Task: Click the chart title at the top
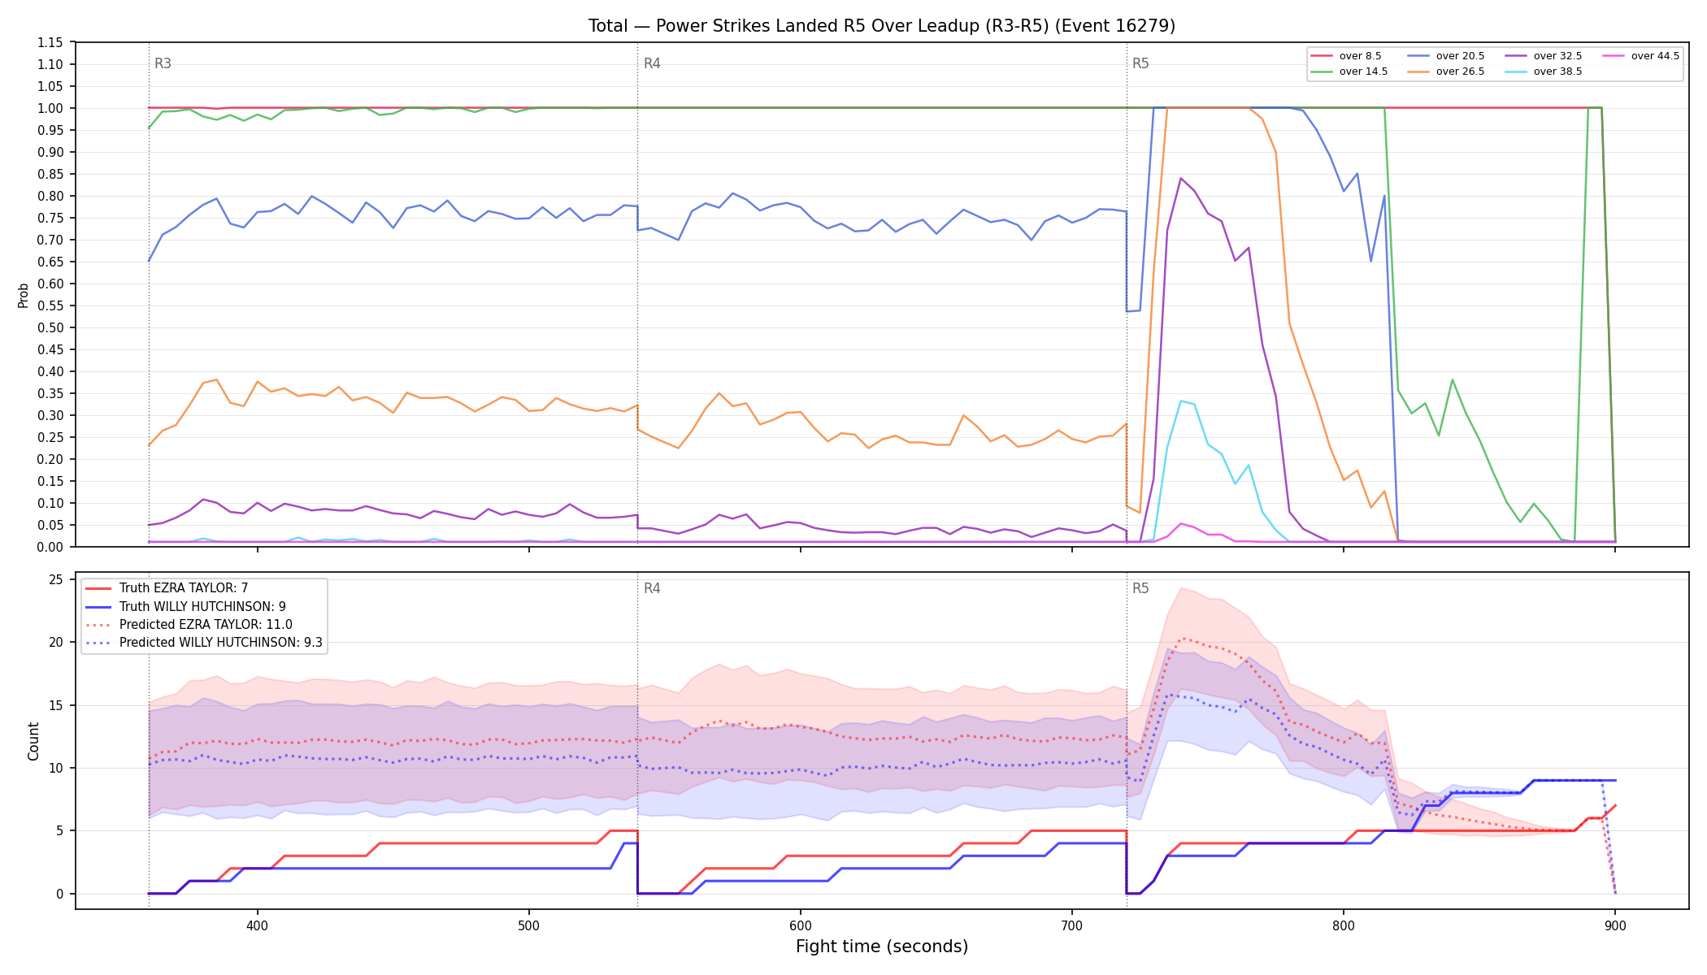click(882, 26)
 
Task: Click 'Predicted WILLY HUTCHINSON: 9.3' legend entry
click(204, 643)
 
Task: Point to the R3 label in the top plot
click(163, 63)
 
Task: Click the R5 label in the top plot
click(1140, 63)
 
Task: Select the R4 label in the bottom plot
click(652, 588)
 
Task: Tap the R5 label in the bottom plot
click(1140, 588)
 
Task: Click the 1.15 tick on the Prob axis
click(50, 43)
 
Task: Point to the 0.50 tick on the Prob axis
click(50, 328)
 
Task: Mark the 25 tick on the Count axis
click(56, 580)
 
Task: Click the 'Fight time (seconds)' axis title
click(882, 947)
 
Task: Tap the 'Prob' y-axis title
click(24, 295)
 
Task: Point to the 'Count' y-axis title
click(33, 741)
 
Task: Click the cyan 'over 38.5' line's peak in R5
click(1181, 401)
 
